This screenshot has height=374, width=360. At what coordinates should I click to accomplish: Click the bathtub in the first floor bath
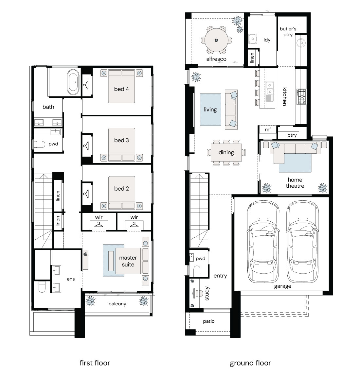click(x=73, y=82)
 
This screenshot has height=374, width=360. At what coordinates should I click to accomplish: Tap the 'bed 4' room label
click(x=121, y=89)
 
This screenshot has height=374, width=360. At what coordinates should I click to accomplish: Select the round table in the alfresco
click(x=216, y=40)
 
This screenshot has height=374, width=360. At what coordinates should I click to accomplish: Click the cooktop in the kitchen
click(x=301, y=96)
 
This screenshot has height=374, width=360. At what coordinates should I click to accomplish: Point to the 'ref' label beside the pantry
click(x=268, y=129)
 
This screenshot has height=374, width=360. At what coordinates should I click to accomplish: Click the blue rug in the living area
click(x=210, y=110)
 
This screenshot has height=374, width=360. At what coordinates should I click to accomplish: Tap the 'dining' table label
click(x=226, y=152)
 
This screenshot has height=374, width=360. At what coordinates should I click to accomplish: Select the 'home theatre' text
click(x=295, y=183)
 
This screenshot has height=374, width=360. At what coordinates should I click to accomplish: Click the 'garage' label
click(x=283, y=286)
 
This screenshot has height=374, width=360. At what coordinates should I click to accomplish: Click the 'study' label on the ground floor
click(x=207, y=293)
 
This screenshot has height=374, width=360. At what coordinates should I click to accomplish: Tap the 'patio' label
click(x=209, y=321)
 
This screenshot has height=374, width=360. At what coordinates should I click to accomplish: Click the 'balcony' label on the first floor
click(x=117, y=304)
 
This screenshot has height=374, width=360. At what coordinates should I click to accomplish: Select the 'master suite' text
click(x=128, y=261)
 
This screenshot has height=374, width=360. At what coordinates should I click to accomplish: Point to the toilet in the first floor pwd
click(x=39, y=144)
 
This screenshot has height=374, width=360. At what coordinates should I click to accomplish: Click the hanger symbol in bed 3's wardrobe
click(x=86, y=145)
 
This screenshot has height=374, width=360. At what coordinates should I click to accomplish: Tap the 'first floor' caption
click(x=95, y=363)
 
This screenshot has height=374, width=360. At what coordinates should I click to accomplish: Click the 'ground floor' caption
click(x=250, y=363)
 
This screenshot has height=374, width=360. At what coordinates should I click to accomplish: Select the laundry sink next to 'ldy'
click(x=253, y=39)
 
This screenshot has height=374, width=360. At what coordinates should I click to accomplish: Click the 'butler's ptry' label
click(x=288, y=32)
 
